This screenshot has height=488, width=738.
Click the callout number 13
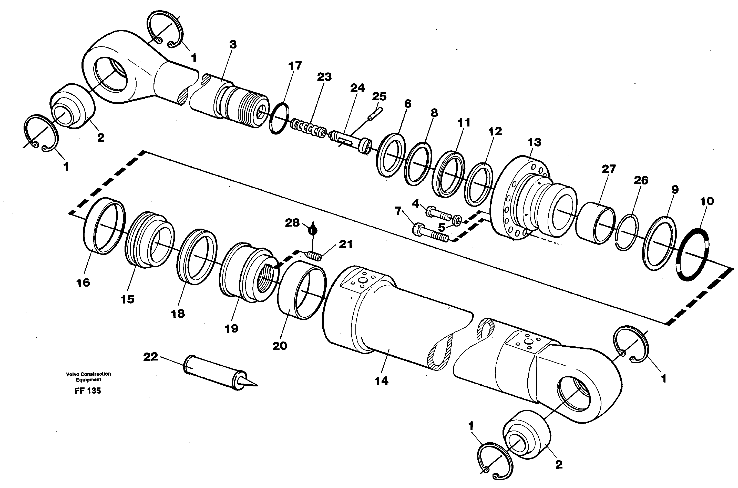[534, 143]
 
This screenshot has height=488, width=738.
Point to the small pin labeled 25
[375, 114]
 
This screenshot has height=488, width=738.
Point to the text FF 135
[88, 391]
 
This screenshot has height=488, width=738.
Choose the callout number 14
[381, 381]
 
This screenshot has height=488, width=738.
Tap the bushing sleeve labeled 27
[595, 223]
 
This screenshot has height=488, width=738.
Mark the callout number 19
[231, 328]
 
